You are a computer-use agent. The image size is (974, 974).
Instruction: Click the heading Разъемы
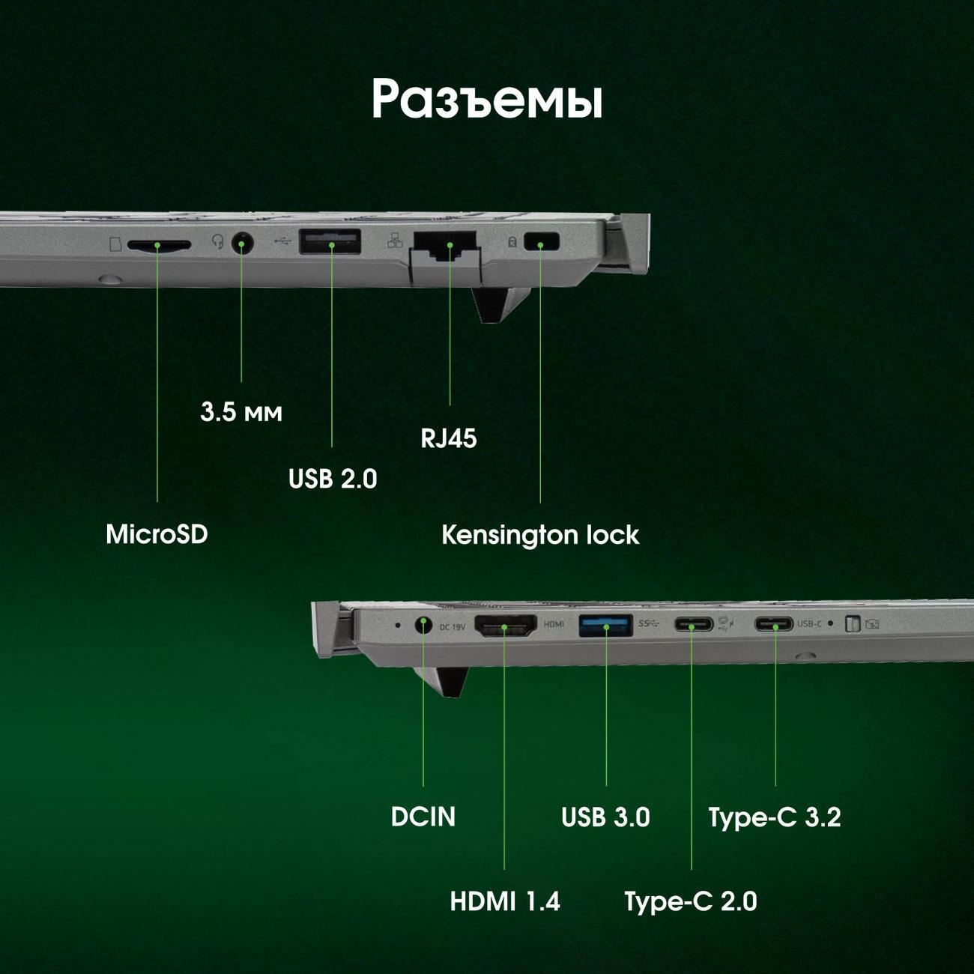(487, 100)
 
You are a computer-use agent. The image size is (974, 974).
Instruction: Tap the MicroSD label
(157, 534)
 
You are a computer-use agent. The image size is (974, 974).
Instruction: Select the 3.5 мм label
(241, 412)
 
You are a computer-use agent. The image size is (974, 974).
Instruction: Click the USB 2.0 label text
(333, 478)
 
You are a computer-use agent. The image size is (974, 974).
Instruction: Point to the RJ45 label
(449, 438)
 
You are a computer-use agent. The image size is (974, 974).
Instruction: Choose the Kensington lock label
(540, 535)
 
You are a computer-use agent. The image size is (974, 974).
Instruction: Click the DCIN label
(423, 817)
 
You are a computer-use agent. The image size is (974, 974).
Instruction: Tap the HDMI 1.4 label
(505, 901)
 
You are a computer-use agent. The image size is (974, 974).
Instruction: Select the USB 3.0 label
(605, 817)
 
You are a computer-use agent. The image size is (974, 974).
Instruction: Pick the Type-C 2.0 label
(691, 902)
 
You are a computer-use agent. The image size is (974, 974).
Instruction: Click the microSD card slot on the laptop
(159, 245)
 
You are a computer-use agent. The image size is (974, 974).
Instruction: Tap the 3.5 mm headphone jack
(242, 243)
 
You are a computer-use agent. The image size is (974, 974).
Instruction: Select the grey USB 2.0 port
(330, 241)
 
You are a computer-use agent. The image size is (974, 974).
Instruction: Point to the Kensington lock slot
(542, 241)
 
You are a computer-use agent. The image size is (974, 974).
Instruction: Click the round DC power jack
(424, 626)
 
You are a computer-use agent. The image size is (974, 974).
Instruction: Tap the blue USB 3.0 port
(605, 626)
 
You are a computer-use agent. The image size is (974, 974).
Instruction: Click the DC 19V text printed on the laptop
(452, 627)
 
